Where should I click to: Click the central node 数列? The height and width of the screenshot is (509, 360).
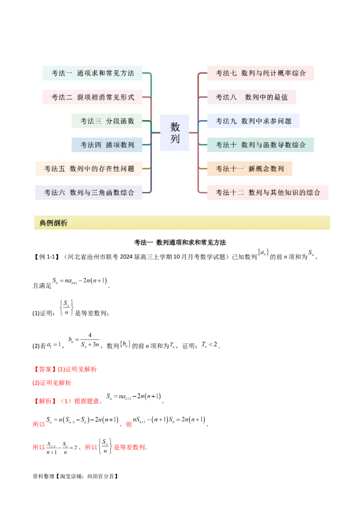[175, 133]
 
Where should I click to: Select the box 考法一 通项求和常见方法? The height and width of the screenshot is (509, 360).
[92, 73]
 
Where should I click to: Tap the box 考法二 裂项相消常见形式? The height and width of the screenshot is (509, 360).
[92, 97]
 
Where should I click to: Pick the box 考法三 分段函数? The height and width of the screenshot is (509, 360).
[107, 121]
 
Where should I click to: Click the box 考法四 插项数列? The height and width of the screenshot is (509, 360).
[107, 145]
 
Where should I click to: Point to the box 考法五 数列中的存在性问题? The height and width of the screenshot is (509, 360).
[89, 169]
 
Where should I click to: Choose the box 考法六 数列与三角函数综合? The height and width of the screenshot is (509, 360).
[89, 192]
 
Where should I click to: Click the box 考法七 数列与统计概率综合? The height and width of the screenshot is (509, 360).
[261, 73]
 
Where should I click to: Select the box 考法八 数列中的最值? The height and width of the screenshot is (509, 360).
[252, 97]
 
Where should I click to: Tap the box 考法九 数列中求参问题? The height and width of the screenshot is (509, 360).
[253, 121]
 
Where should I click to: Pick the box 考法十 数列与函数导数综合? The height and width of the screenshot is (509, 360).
[261, 145]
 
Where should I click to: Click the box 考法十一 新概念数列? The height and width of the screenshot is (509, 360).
[249, 169]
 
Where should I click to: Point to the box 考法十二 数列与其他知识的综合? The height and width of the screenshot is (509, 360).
[268, 192]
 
